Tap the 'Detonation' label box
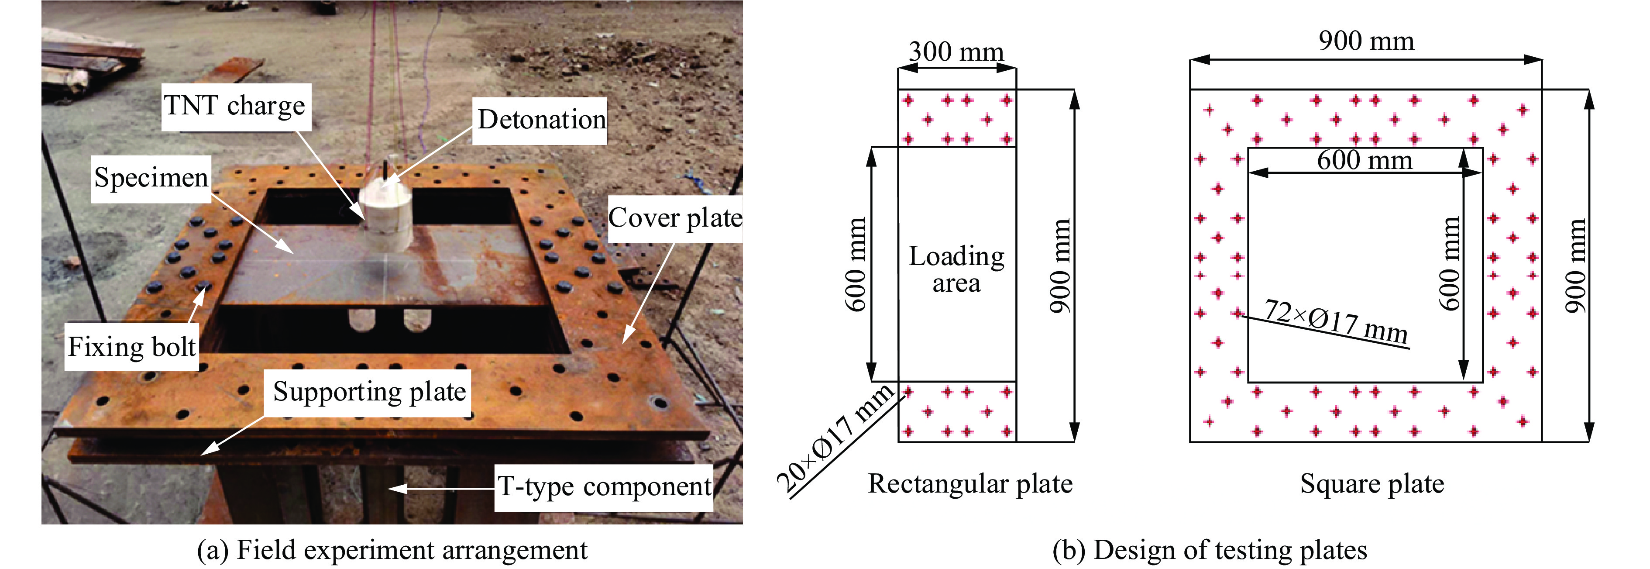point(540,120)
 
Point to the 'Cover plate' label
point(674,218)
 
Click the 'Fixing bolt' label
point(131,347)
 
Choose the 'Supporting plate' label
point(369,392)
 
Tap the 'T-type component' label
point(604,487)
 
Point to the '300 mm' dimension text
point(956,51)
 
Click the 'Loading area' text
point(956,269)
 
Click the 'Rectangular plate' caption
point(970,484)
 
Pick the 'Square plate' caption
point(1372,484)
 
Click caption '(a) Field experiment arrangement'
point(392,550)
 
